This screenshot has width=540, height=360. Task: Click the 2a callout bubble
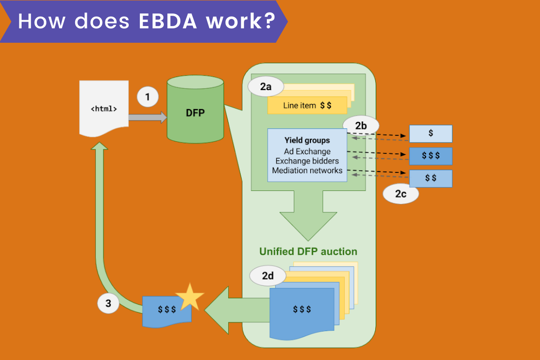265,87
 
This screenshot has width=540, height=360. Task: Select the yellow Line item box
307,106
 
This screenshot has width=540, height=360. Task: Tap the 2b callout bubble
361,126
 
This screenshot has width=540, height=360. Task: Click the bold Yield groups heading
307,140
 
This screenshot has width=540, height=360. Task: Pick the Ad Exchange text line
307,151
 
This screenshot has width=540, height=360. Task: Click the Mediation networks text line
307,171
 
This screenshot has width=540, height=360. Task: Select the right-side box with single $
431,134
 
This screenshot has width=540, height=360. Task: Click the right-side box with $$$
431,156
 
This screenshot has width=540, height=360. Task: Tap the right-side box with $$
431,178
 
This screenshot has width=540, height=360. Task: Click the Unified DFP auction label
308,252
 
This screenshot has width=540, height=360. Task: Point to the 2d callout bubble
268,276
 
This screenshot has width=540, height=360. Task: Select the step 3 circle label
108,303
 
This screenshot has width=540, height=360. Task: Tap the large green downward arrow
308,216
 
